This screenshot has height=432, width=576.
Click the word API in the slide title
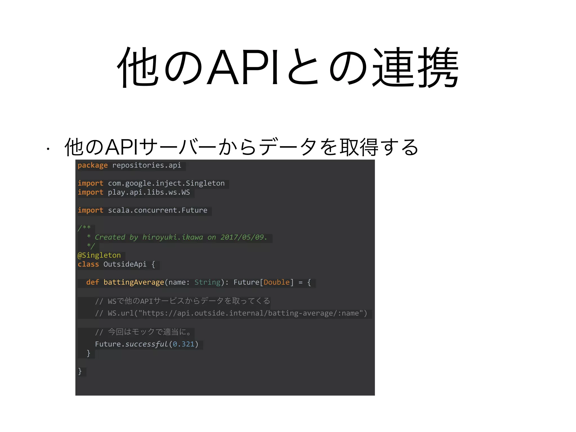point(243,67)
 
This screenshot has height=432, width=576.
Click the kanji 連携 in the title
point(416,67)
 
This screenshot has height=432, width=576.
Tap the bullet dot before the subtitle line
point(48,149)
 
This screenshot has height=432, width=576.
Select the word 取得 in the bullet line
point(359,147)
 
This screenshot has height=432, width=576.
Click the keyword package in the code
point(93,165)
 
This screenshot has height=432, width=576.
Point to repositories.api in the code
point(147,165)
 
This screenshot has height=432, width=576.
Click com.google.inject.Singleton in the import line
point(166,183)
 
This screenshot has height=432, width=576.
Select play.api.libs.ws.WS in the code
point(149,192)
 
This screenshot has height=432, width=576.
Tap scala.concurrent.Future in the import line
point(157,210)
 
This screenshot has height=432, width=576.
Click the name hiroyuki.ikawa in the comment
point(172,237)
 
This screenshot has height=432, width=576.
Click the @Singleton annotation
point(99,255)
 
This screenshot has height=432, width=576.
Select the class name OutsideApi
point(125,264)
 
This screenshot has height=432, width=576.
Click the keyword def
point(93,282)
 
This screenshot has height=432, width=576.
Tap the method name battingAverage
point(134,282)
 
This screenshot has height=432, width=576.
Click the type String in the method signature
point(207,282)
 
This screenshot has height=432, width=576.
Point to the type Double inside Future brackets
point(276,282)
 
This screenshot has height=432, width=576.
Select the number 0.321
point(183,344)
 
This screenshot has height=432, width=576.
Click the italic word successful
point(147,344)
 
